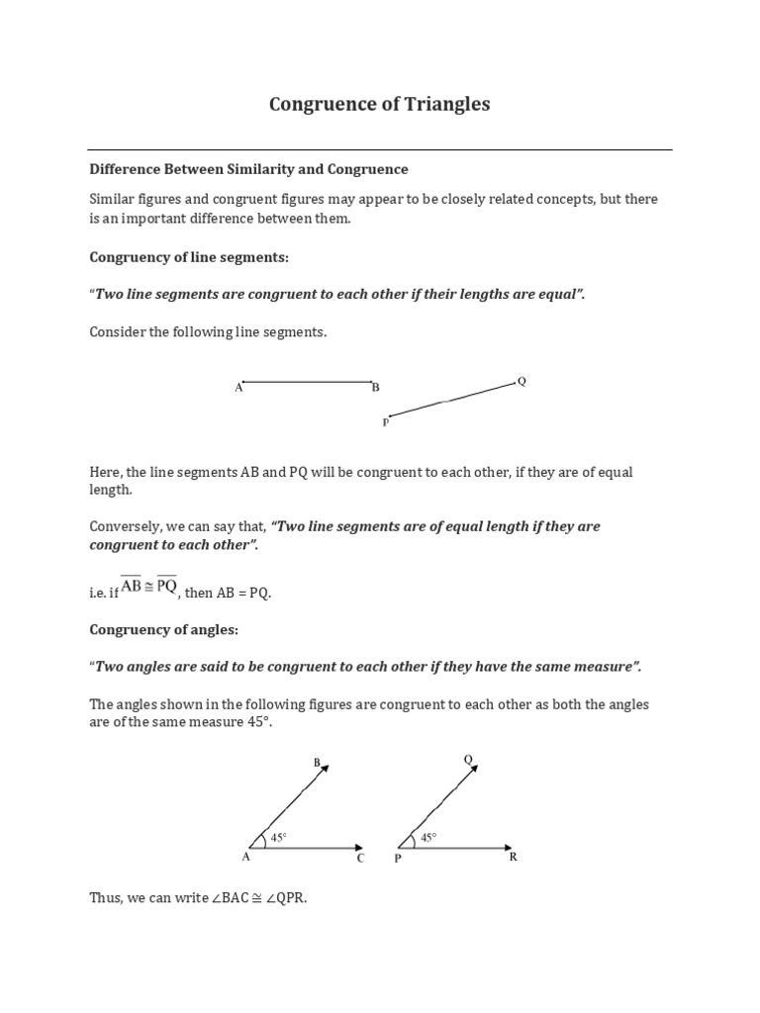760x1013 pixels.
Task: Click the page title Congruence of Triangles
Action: [379, 104]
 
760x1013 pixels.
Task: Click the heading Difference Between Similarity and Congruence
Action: [248, 169]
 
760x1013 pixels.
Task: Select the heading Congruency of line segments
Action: [189, 257]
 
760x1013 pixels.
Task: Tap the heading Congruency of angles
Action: [164, 629]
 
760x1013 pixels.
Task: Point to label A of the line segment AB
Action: [238, 389]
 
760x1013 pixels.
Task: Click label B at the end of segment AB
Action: [376, 388]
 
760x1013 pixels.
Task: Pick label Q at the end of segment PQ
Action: [522, 381]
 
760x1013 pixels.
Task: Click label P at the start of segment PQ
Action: [385, 422]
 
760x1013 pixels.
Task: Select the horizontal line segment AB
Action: [307, 381]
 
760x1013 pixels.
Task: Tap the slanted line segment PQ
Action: [450, 400]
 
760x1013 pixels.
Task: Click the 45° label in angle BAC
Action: [279, 837]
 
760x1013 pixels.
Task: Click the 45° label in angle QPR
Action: [428, 837]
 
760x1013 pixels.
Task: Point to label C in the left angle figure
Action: [361, 859]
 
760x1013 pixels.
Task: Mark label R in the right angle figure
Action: [513, 858]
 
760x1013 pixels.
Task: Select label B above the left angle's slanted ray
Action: [317, 762]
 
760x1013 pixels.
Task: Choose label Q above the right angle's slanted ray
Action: [468, 759]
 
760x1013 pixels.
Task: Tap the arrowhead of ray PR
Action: [508, 847]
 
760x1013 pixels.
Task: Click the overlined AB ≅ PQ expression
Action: [149, 586]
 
